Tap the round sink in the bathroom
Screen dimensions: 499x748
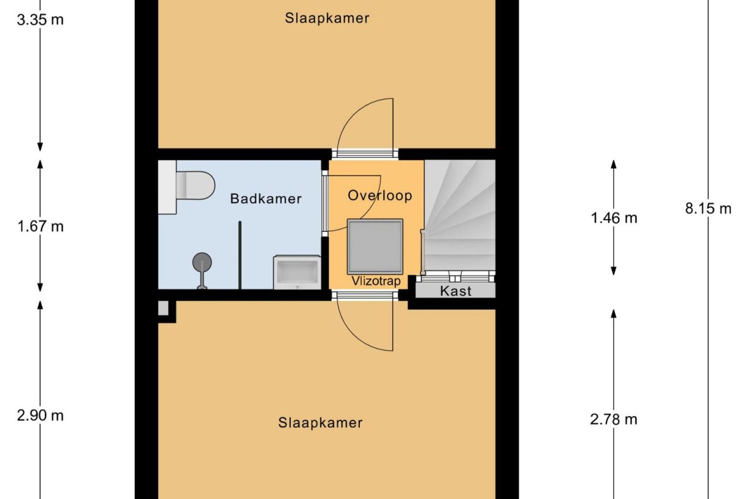point(202,263)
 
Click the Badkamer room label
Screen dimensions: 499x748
point(265,199)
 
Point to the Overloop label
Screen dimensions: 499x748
point(380,196)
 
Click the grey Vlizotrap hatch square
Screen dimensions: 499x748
point(375,247)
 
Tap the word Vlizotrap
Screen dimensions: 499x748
point(376,281)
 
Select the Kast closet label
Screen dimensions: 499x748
point(456,290)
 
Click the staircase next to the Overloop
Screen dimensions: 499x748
point(460,215)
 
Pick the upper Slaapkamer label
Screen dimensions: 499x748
point(327,18)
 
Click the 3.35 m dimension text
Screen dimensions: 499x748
point(40,20)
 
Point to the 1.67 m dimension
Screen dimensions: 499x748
point(40,226)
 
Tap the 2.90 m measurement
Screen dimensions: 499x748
point(40,416)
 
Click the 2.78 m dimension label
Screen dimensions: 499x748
point(613,420)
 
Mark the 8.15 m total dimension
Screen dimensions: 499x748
point(708,209)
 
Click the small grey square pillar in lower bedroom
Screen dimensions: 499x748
point(163,308)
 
